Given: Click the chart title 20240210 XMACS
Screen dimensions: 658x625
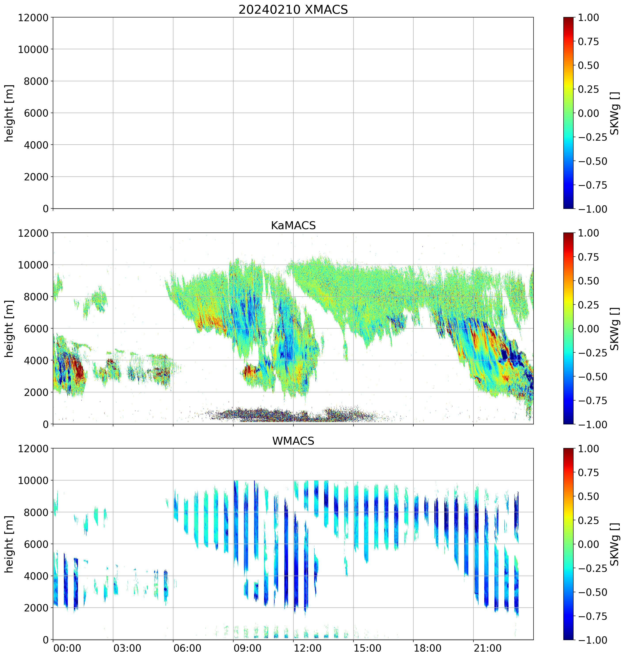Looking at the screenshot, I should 293,10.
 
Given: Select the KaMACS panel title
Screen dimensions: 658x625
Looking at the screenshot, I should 293,225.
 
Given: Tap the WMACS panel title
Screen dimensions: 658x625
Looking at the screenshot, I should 293,441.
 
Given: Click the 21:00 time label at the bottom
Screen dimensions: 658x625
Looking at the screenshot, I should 487,648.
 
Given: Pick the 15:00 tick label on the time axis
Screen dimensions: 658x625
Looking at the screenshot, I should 367,648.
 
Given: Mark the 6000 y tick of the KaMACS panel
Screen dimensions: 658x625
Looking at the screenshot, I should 36,328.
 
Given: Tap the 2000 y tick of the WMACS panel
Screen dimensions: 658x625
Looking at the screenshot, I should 36,608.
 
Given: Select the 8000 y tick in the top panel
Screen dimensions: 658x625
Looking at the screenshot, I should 36,81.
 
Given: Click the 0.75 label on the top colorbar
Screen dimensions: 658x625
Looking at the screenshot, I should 588,42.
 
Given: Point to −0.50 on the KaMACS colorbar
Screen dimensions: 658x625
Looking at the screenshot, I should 592,377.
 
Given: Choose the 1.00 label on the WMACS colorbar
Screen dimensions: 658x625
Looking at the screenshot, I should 588,448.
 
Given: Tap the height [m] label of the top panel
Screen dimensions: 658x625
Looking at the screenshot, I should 9,113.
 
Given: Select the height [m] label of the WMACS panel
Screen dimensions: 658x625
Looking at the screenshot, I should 9,544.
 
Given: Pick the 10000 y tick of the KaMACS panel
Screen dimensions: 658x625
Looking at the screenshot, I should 33,265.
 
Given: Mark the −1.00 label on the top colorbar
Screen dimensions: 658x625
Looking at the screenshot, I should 592,209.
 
